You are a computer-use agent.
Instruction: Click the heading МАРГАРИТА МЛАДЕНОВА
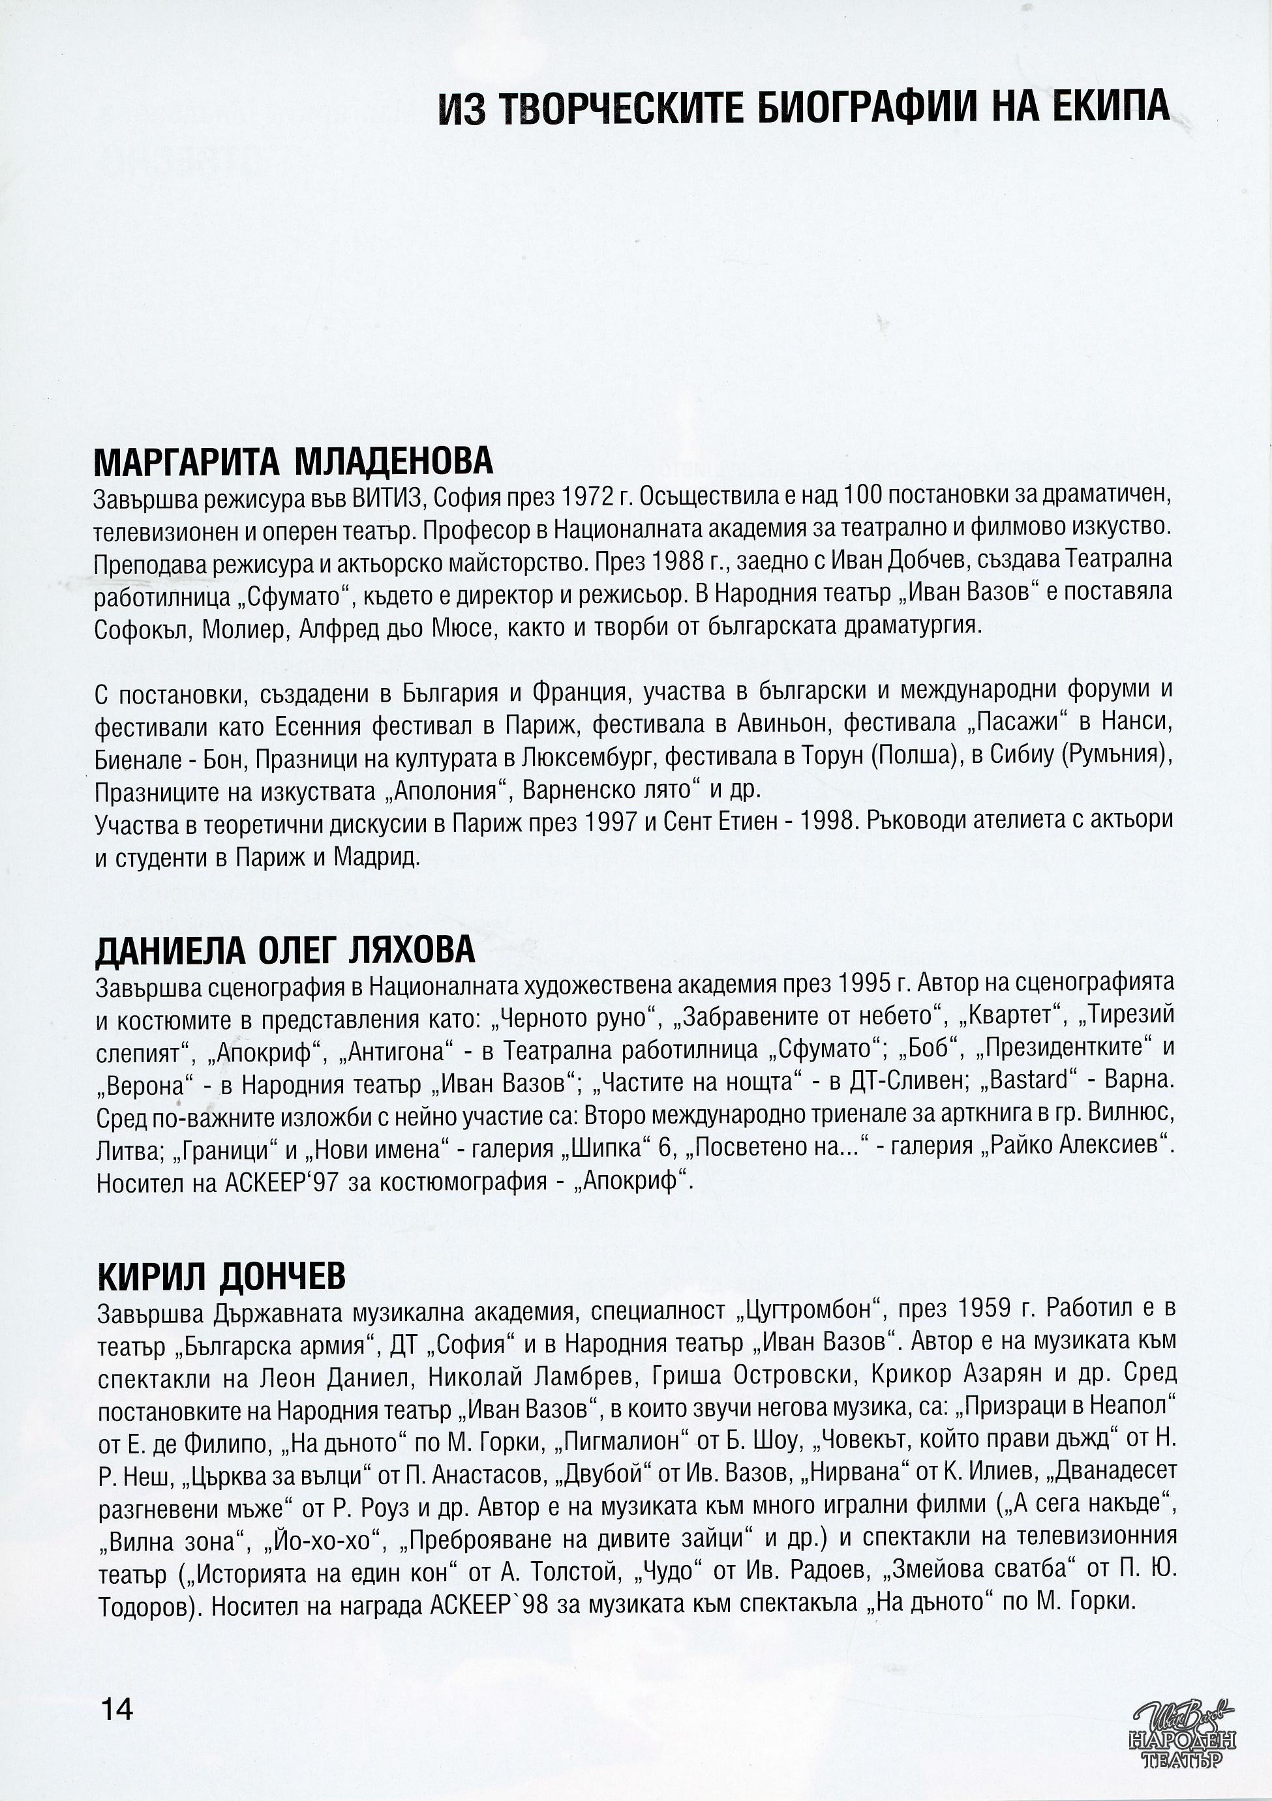click(293, 462)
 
